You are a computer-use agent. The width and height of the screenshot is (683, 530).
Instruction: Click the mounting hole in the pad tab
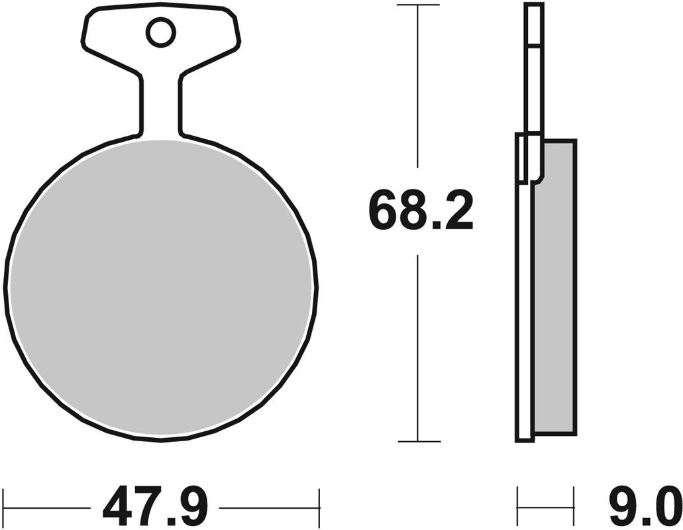click(160, 32)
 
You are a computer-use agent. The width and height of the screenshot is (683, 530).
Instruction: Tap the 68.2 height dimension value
click(421, 210)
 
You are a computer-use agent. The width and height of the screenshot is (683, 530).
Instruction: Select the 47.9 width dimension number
click(155, 508)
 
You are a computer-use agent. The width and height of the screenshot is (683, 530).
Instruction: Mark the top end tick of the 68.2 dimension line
click(417, 5)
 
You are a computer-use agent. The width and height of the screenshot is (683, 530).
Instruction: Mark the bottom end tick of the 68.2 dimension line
click(417, 441)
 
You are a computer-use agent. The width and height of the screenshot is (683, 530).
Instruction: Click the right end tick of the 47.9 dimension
click(319, 508)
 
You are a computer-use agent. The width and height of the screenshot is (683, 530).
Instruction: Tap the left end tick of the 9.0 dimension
click(518, 508)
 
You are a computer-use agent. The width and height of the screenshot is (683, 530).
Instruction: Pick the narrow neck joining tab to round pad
click(160, 106)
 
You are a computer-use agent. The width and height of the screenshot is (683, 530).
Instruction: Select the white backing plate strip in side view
click(525, 311)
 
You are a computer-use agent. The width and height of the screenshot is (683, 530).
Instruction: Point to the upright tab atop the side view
click(533, 66)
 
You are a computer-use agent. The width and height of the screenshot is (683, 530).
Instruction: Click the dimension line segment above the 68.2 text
click(417, 86)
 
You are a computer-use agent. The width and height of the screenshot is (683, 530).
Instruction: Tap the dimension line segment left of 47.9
click(46, 508)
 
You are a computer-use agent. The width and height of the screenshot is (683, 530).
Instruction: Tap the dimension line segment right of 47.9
click(268, 508)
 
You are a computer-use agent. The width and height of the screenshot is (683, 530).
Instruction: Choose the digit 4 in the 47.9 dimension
click(117, 508)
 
